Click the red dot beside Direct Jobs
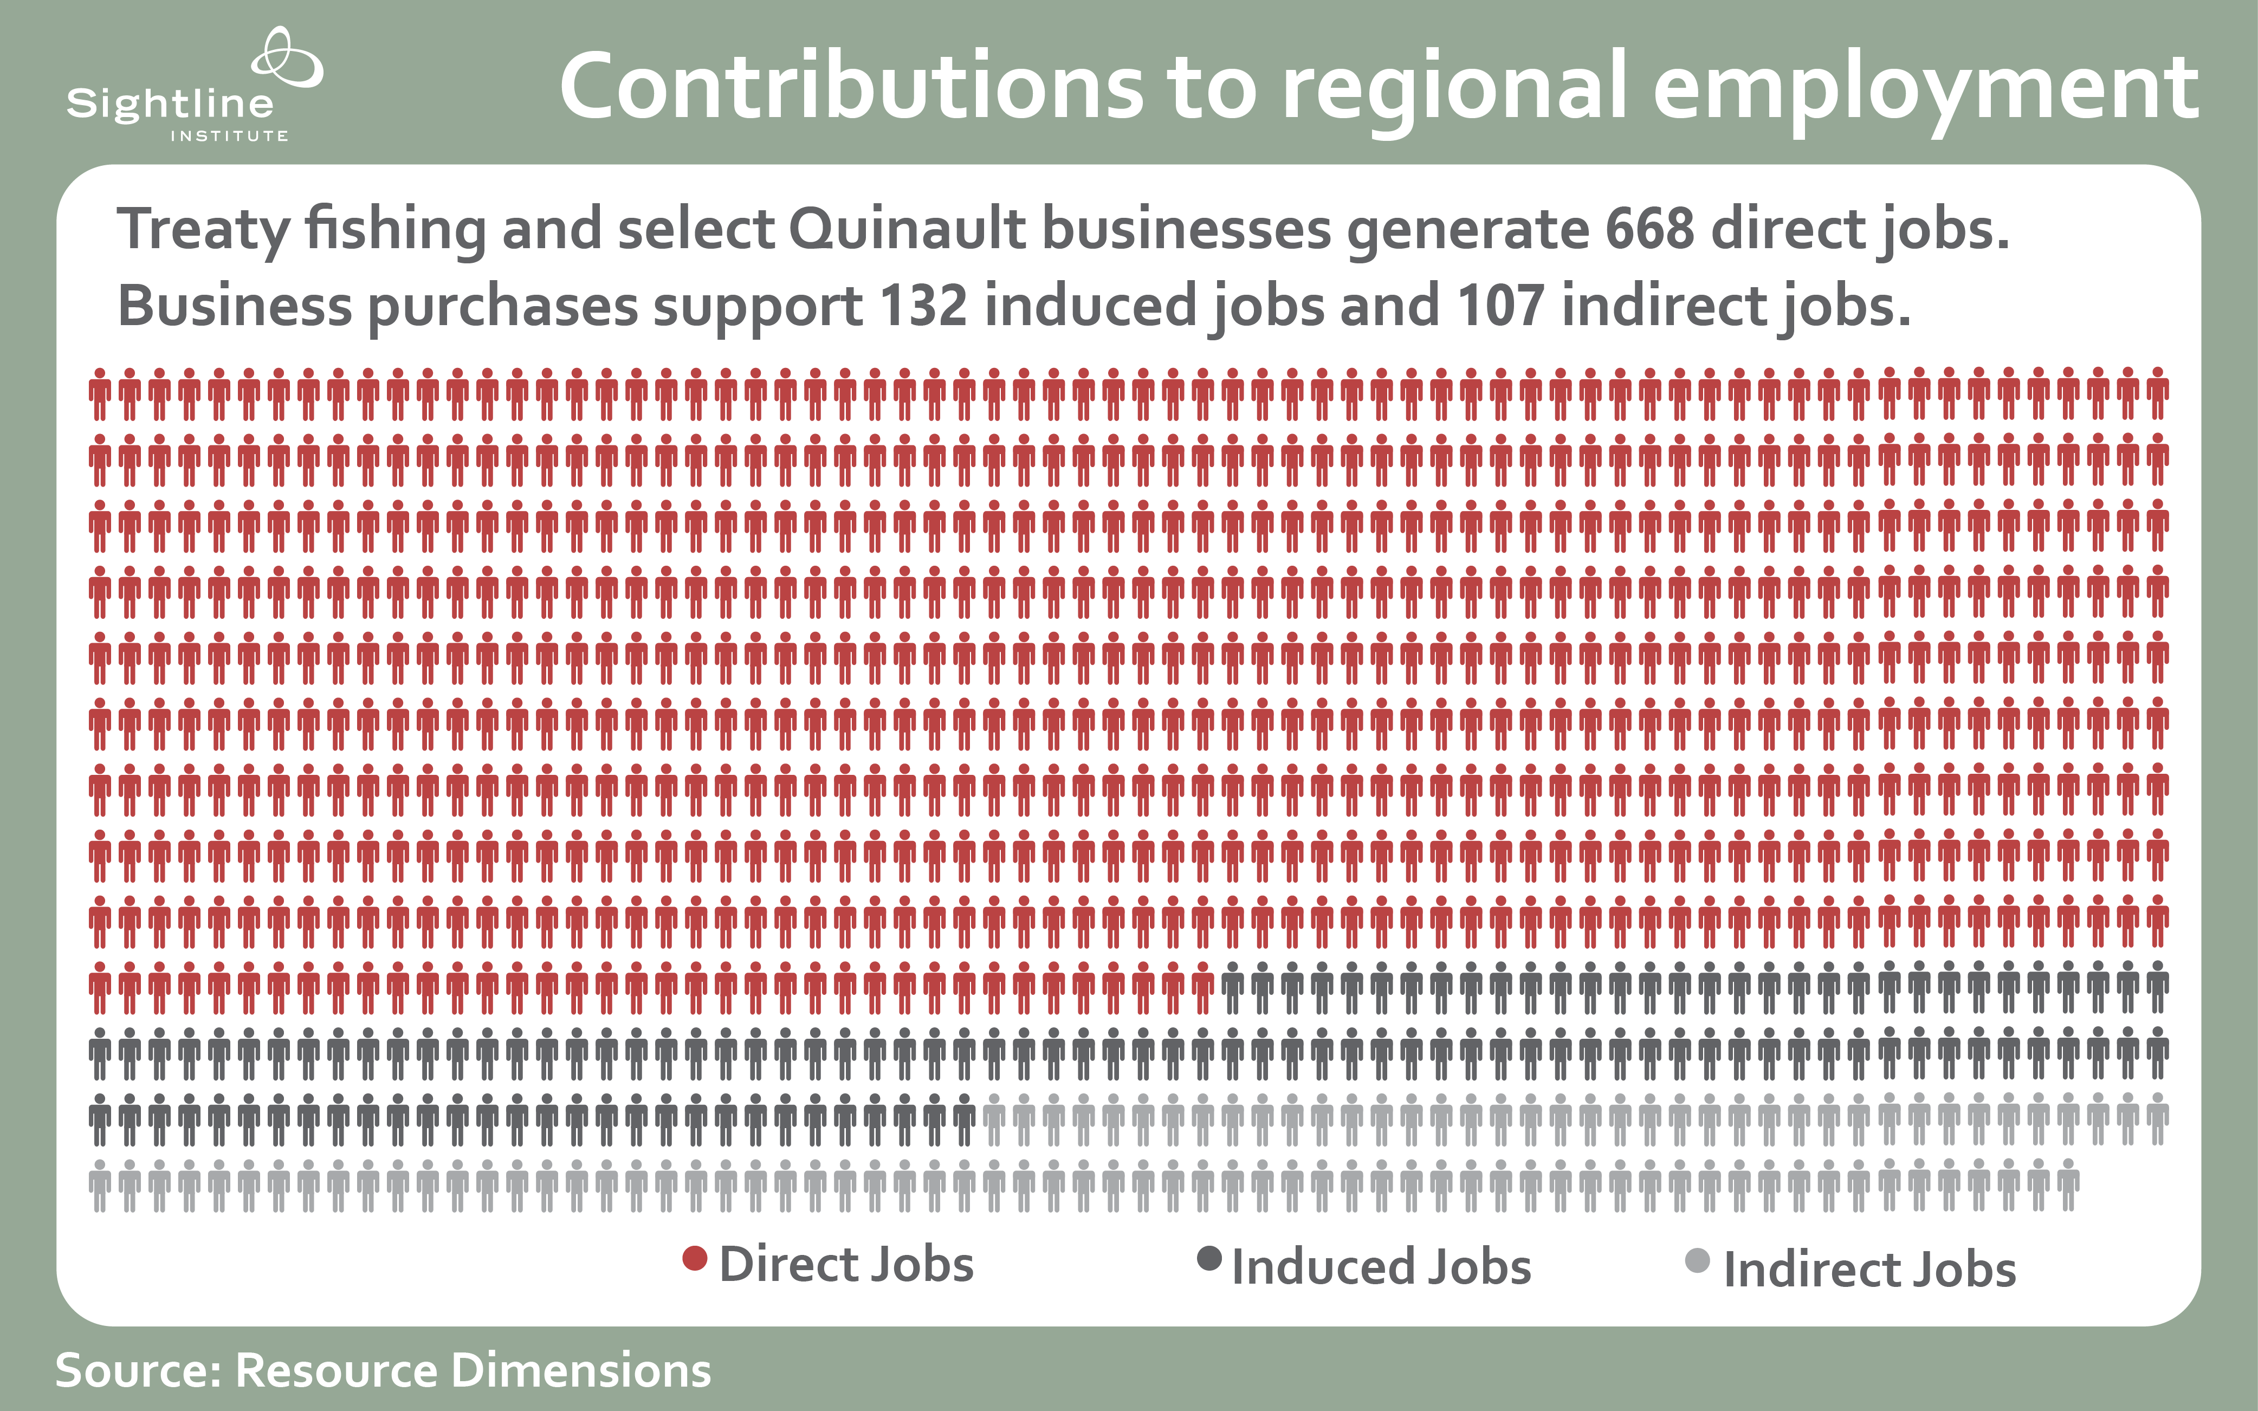pos(694,1259)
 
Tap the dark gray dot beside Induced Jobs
pos(1209,1259)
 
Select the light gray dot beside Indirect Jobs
pos(1697,1261)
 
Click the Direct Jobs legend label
pos(846,1265)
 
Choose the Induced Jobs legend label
pos(1381,1266)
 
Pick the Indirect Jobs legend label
pos(1869,1269)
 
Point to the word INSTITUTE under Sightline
pos(229,136)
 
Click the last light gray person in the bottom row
pos(2068,1185)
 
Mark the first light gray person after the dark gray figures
pos(994,1119)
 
